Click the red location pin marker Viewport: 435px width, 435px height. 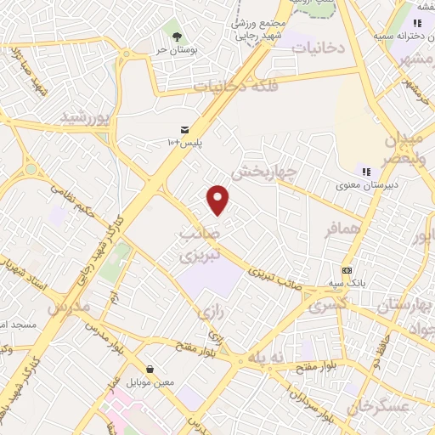coord(219,200)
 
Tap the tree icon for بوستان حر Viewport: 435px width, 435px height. coord(177,37)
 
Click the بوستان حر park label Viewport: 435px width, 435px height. coord(176,50)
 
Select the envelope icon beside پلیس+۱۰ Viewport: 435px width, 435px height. coord(184,129)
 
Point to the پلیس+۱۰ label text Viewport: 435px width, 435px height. coord(186,142)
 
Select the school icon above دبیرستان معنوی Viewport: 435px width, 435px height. coord(367,172)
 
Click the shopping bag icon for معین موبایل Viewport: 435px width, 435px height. coord(150,370)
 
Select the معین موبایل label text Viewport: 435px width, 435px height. coord(150,382)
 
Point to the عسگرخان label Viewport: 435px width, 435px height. coord(409,408)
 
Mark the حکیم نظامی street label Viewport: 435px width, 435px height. coord(70,201)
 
